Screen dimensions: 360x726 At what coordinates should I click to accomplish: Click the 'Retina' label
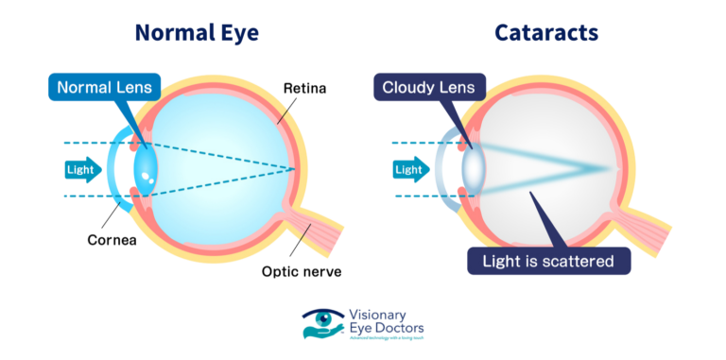(304, 90)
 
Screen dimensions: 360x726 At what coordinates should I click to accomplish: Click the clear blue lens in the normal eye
(147, 169)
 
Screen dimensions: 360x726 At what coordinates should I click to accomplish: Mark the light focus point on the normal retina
(295, 170)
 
